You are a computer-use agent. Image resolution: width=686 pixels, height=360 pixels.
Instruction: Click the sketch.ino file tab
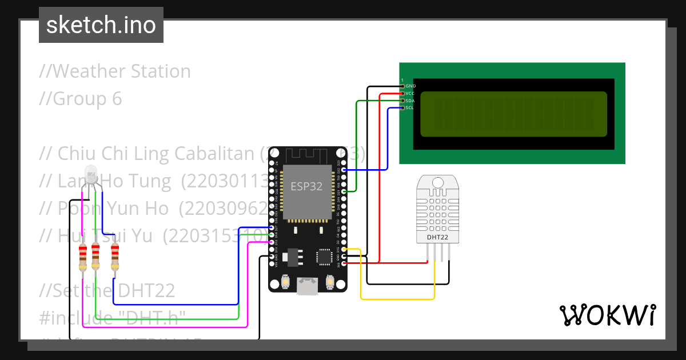click(x=101, y=25)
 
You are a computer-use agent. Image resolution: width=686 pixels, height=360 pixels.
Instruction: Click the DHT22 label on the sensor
click(x=437, y=237)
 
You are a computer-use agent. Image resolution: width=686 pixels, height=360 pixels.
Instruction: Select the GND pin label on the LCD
click(x=410, y=86)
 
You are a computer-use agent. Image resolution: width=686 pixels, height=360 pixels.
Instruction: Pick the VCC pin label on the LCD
click(x=410, y=93)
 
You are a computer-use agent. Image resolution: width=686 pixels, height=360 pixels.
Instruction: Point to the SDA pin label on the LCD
click(x=410, y=101)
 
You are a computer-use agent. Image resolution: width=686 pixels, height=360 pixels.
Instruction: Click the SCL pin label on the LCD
click(x=410, y=107)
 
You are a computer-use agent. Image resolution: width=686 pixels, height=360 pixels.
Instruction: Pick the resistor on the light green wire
click(x=95, y=257)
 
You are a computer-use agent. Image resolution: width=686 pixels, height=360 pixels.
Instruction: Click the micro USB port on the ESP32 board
click(x=308, y=286)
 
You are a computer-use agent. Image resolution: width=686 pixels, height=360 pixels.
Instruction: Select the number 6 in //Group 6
click(x=117, y=99)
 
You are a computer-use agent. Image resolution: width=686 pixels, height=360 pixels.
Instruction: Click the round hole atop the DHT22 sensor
click(x=437, y=182)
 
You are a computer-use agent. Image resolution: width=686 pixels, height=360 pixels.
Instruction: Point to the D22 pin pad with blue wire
click(x=344, y=170)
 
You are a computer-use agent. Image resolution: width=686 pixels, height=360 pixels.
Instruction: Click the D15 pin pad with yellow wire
click(x=344, y=249)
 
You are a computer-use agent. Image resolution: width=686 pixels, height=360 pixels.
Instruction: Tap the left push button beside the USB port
click(x=285, y=282)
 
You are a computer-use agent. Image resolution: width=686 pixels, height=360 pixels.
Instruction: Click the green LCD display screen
click(x=513, y=114)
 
